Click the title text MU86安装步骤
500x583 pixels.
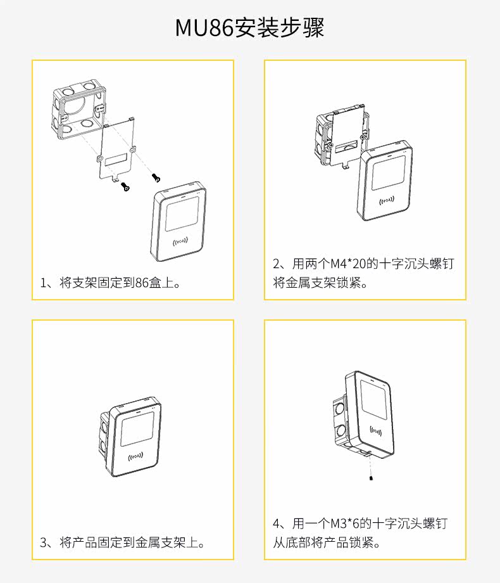249,29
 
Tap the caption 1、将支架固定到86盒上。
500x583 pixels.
111,283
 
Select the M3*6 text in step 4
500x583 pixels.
345,523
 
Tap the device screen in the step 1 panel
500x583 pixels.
182,213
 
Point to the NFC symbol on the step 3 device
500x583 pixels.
135,457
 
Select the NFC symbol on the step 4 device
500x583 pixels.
376,432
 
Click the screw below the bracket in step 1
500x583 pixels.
126,188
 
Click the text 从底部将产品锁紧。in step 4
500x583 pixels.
326,542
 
